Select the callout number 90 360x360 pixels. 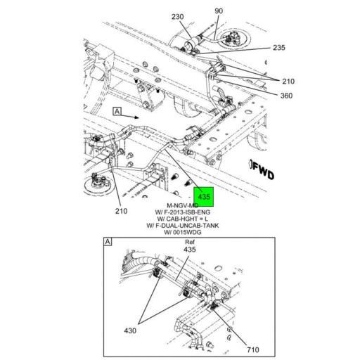198,11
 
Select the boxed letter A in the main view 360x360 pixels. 116,112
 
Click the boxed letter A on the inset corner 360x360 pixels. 108,242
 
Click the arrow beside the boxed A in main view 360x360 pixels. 141,117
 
